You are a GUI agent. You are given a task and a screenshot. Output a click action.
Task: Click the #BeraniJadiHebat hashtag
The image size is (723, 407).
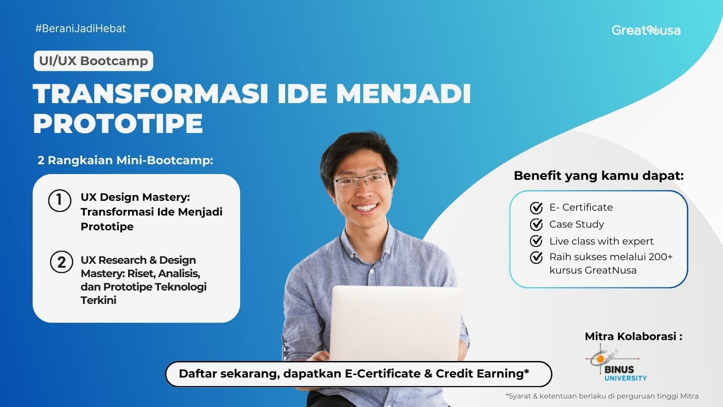(80, 29)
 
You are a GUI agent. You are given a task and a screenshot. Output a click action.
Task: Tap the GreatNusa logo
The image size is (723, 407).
(646, 30)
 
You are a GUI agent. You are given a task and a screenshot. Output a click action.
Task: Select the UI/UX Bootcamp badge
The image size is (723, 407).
(93, 61)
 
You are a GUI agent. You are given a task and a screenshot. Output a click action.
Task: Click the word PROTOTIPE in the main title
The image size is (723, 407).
(118, 124)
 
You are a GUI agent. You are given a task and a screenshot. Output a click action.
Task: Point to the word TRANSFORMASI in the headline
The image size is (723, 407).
(150, 94)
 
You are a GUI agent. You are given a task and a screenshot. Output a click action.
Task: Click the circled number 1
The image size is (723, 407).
(59, 200)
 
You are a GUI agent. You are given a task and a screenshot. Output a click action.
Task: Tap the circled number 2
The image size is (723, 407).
(61, 262)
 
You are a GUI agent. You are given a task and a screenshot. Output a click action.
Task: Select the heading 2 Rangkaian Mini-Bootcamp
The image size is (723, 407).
(125, 160)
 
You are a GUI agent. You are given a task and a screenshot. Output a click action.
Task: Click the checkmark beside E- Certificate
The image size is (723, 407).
(536, 208)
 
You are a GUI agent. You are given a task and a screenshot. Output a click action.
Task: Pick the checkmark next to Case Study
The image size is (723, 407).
(536, 224)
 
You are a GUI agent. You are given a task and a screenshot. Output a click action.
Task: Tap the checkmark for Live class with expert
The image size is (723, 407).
(536, 241)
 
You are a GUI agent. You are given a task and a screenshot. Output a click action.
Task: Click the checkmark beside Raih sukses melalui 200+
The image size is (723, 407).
(536, 257)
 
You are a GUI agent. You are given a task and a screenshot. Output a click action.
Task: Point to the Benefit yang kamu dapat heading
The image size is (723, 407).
(598, 175)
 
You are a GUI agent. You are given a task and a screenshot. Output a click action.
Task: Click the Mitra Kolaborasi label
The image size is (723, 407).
(633, 336)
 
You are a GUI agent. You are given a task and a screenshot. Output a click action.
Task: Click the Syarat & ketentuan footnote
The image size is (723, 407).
(602, 396)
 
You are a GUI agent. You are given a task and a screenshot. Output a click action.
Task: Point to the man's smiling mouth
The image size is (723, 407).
(365, 208)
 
